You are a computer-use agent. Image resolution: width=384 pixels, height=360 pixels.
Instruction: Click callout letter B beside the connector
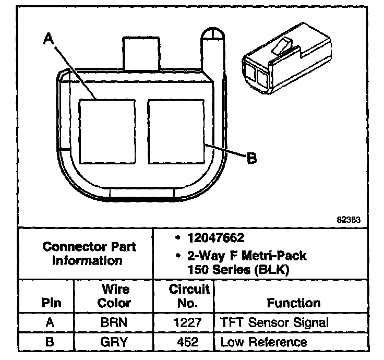(x=251, y=158)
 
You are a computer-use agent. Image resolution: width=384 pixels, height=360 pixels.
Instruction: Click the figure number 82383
(x=349, y=220)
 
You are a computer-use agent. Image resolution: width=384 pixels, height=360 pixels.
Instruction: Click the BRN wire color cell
(x=114, y=322)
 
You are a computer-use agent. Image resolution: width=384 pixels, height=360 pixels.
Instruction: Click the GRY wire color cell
(x=114, y=342)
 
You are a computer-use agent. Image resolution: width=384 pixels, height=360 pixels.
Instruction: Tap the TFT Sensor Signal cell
(x=274, y=322)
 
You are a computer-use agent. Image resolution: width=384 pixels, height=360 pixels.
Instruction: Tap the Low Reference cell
(x=263, y=342)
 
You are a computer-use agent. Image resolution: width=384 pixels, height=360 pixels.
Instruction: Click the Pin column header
(x=51, y=303)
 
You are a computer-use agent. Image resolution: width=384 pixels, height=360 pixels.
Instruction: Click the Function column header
(x=293, y=303)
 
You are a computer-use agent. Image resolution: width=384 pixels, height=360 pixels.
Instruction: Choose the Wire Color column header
(x=114, y=296)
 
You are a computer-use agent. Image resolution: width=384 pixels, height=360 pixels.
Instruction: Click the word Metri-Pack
(x=277, y=256)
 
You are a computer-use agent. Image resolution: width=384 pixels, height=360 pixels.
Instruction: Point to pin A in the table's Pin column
(x=50, y=322)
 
